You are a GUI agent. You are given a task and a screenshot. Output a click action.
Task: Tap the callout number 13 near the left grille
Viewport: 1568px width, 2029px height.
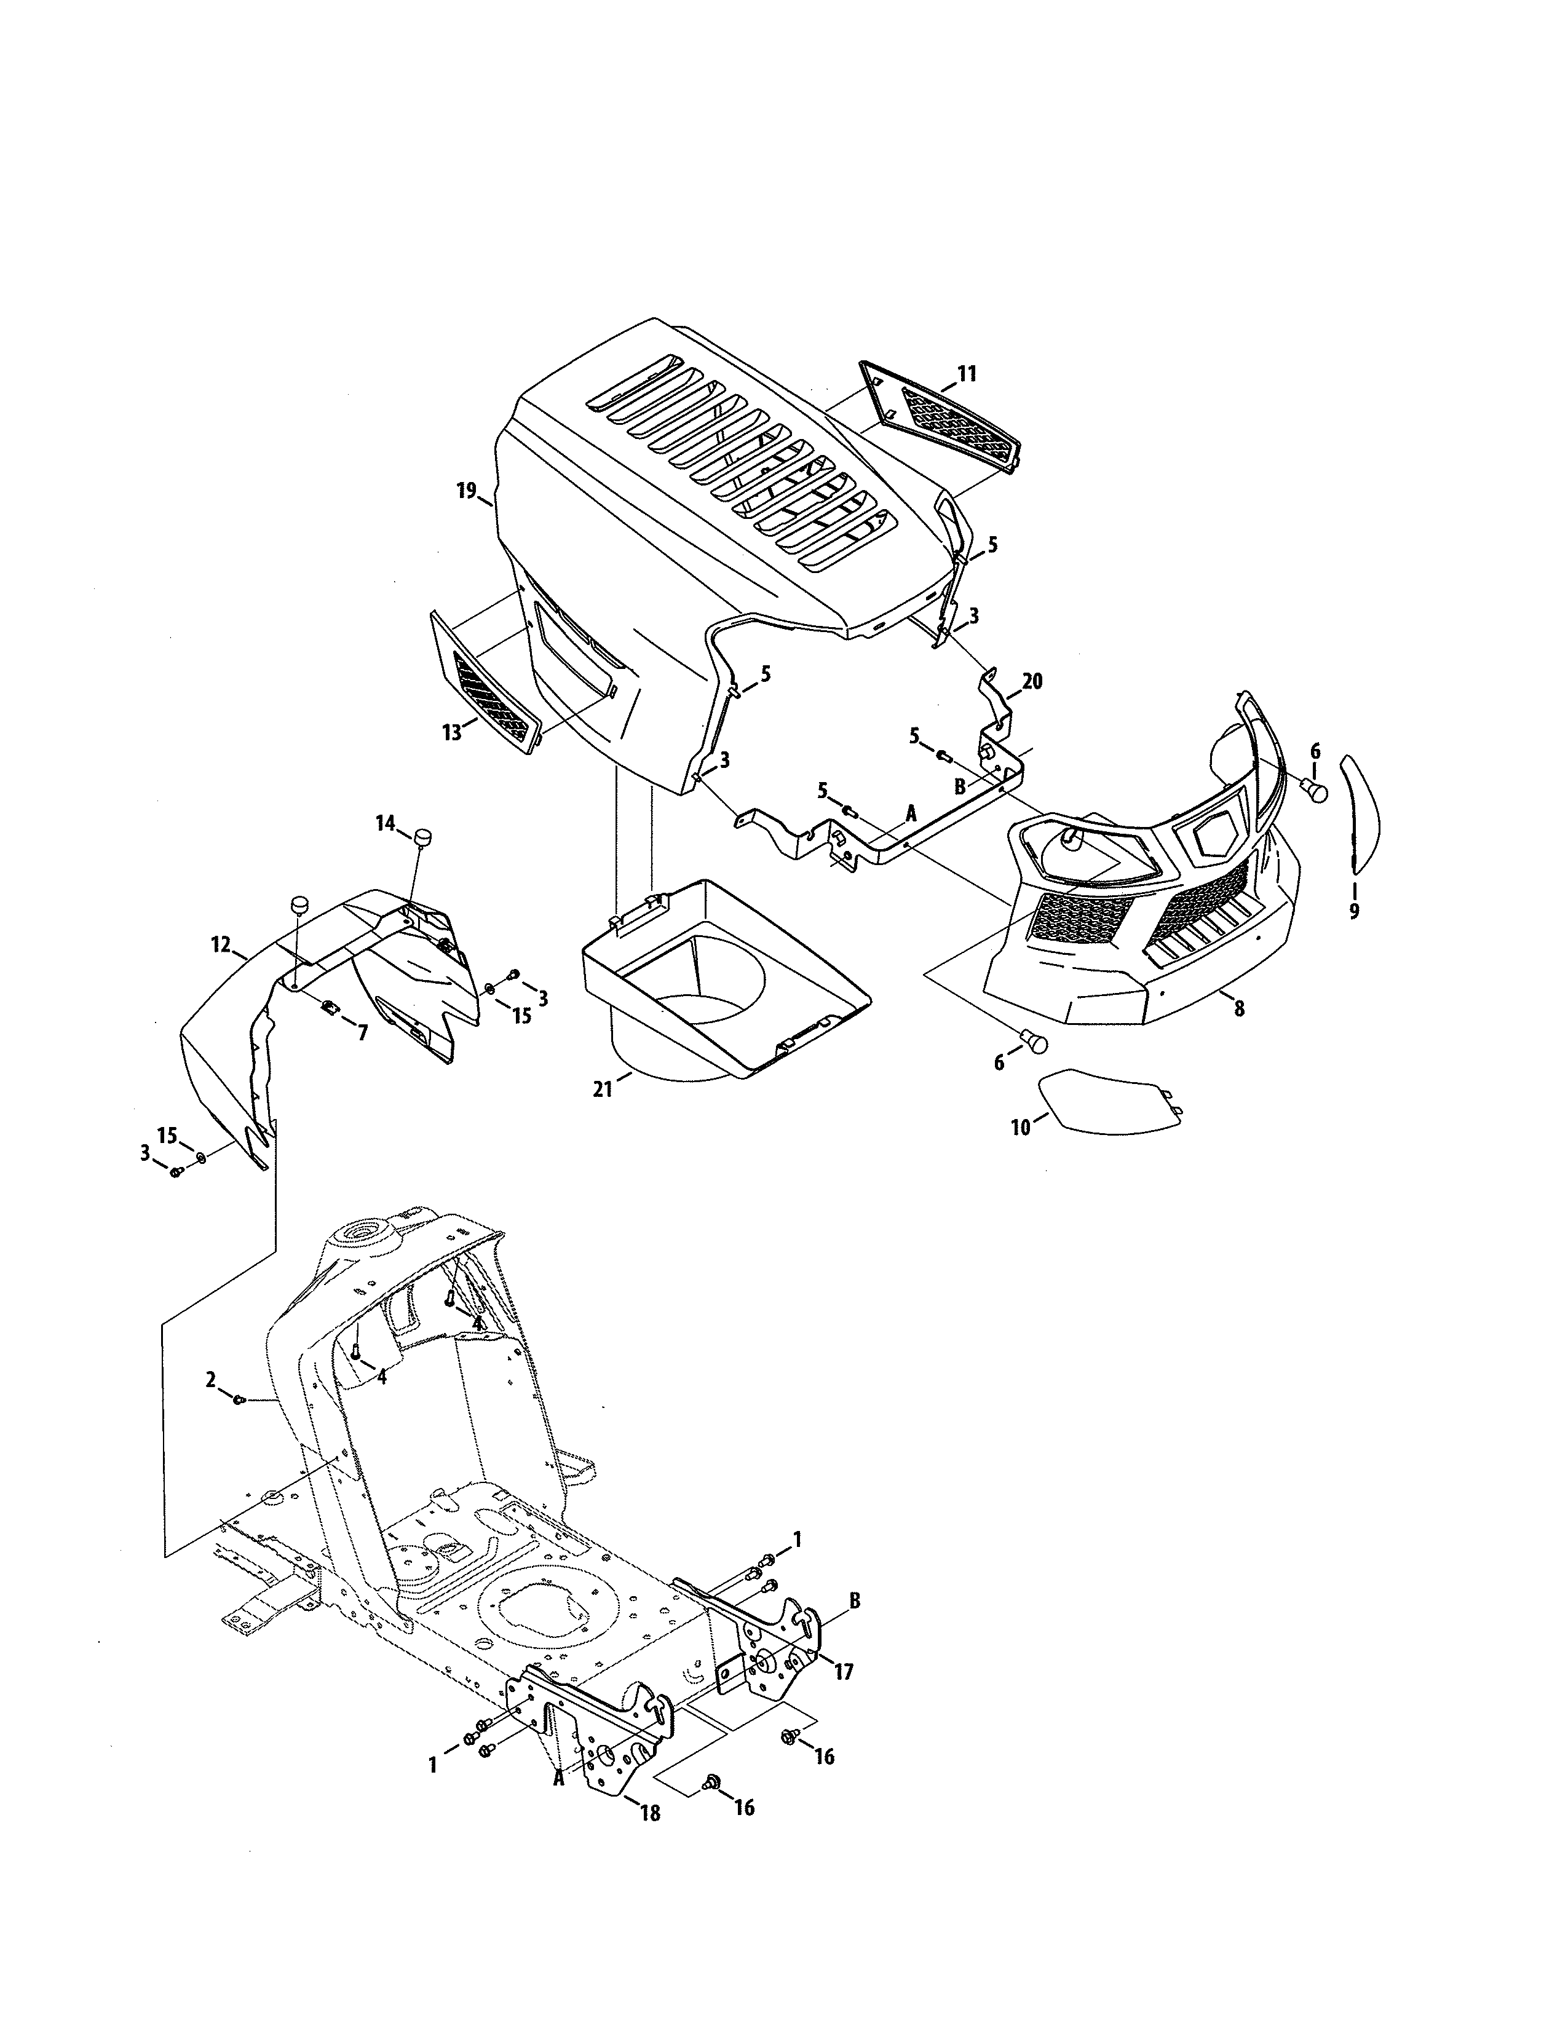(x=451, y=733)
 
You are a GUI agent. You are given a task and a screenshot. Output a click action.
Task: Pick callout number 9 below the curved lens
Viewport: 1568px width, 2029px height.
(x=1353, y=911)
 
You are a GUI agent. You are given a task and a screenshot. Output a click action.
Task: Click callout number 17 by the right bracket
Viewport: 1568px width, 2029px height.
(x=844, y=1672)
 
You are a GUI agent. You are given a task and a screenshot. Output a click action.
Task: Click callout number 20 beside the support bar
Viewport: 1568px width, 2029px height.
(x=1032, y=681)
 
